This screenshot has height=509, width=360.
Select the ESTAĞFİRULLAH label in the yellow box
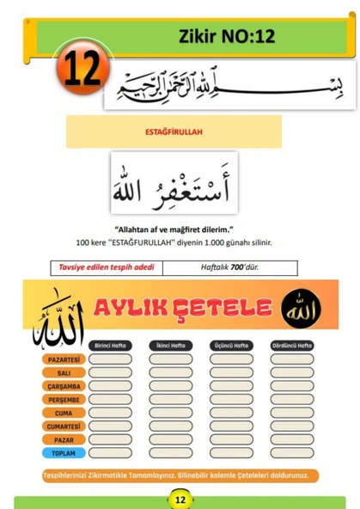pos(174,132)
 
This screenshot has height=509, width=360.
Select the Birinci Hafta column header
pos(110,345)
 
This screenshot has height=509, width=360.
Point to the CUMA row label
pos(63,413)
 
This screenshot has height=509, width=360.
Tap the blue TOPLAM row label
pos(63,452)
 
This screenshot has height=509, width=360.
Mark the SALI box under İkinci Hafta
pos(171,372)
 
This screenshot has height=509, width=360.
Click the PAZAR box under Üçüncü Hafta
pos(231,439)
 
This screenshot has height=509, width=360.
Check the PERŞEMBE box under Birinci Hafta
pos(110,399)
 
